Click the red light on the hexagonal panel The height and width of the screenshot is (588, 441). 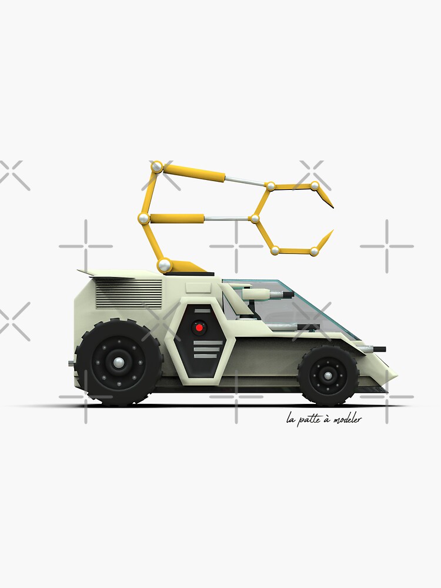pos(199,327)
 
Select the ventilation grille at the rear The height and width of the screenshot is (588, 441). pos(128,293)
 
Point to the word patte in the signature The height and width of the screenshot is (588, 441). pos(308,420)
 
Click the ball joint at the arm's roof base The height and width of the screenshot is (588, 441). pos(165,265)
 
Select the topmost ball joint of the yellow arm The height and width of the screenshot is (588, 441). pos(156,167)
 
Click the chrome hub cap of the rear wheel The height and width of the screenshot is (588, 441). pos(119,362)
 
